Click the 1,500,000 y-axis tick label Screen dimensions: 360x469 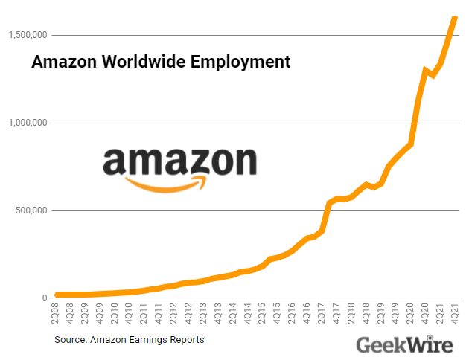click(x=29, y=35)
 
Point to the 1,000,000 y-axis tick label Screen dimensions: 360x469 click(x=29, y=123)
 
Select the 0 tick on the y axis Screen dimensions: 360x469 click(x=45, y=298)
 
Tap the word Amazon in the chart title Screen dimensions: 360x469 click(x=60, y=62)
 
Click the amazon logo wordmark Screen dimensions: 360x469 click(x=179, y=161)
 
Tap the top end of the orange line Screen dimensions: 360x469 click(x=455, y=18)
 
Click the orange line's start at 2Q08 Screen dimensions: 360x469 click(x=58, y=295)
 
